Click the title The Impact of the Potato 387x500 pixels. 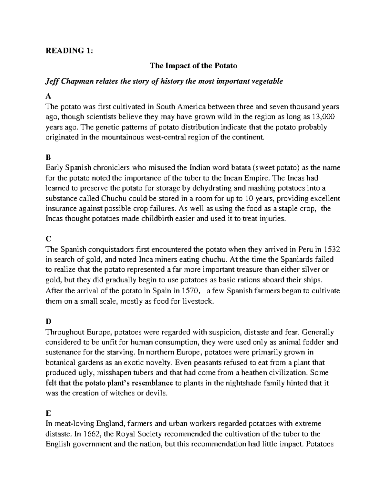click(193, 66)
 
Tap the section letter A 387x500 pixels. click(48, 96)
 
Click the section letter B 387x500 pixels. click(48, 157)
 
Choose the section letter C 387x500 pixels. click(48, 239)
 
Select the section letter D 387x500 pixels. click(48, 322)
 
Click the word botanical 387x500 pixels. click(61, 363)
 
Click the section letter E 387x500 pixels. click(48, 413)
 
